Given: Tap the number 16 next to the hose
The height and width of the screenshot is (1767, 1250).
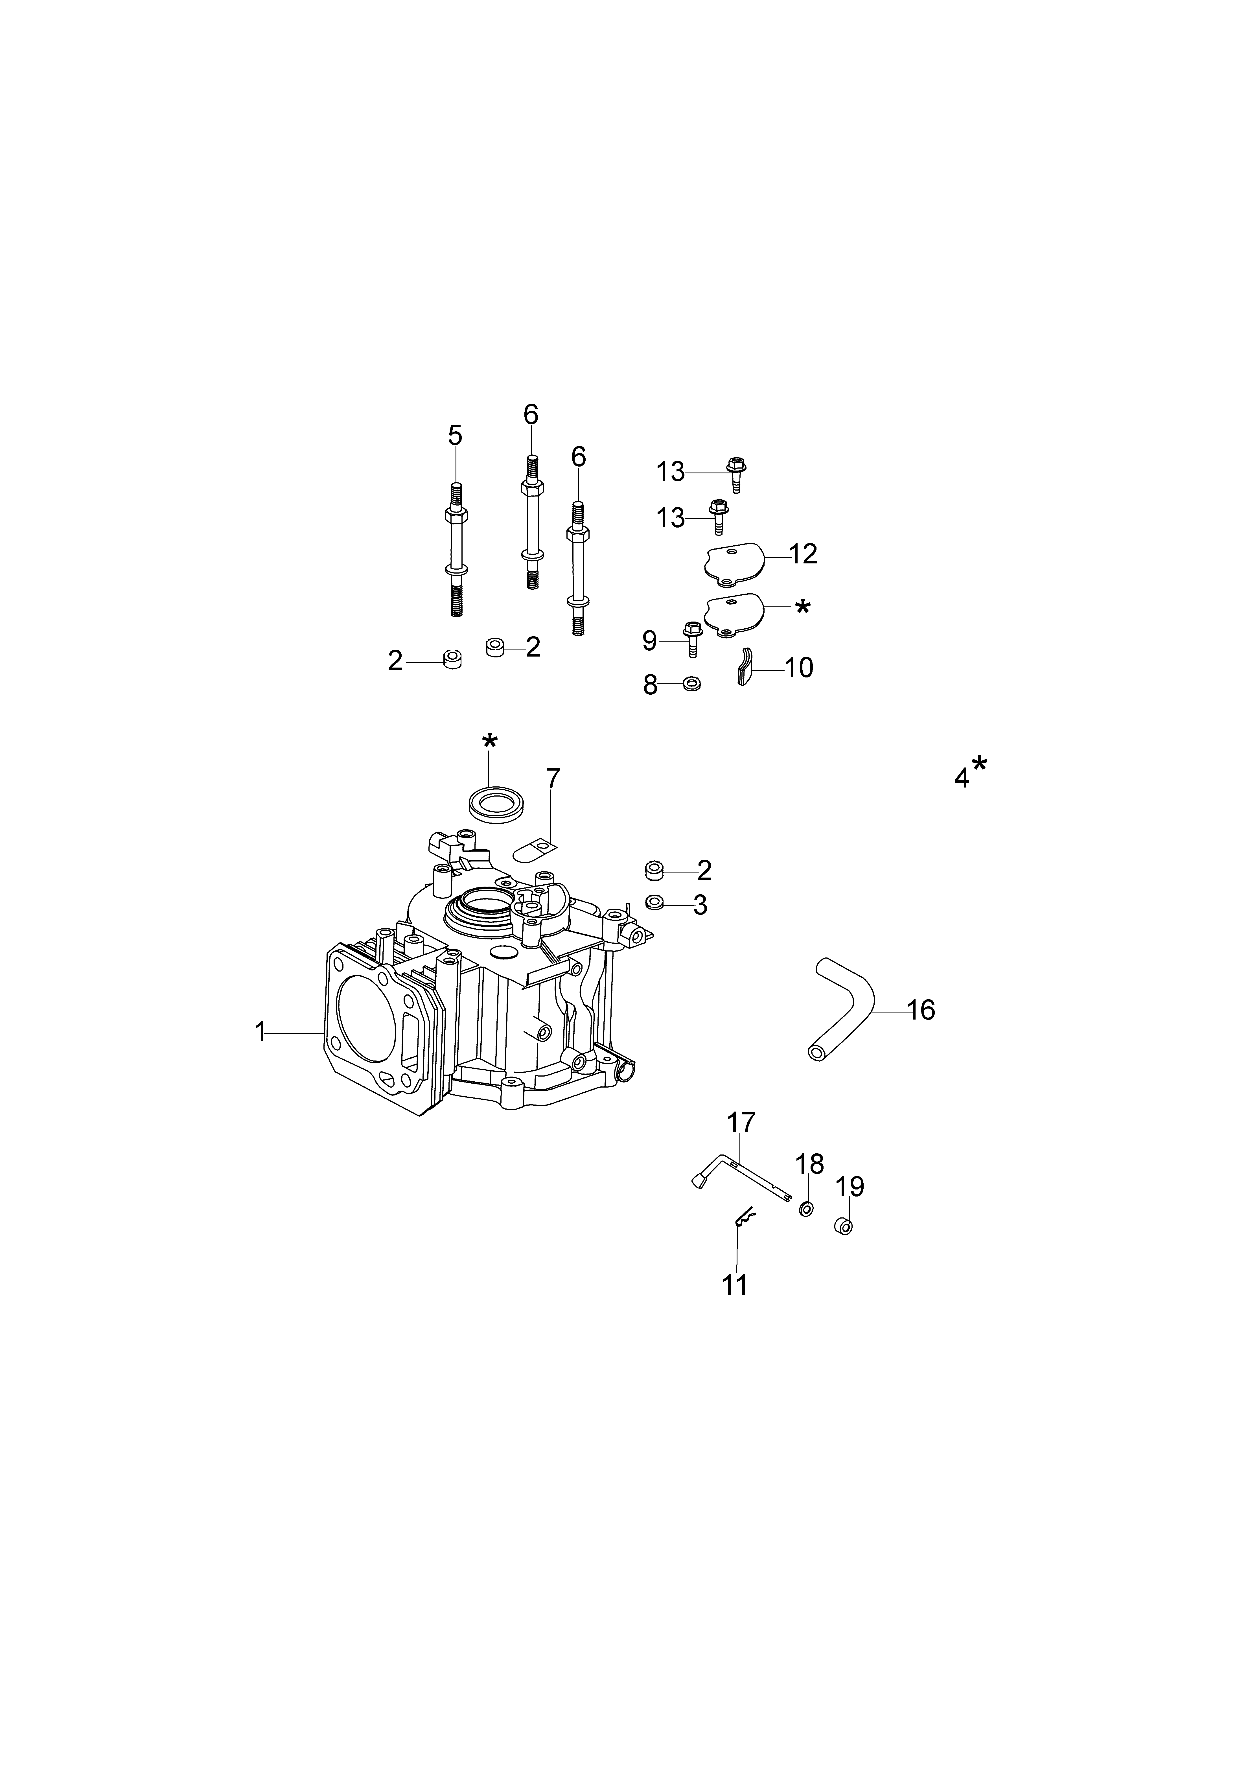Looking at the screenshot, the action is pos(921,1010).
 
